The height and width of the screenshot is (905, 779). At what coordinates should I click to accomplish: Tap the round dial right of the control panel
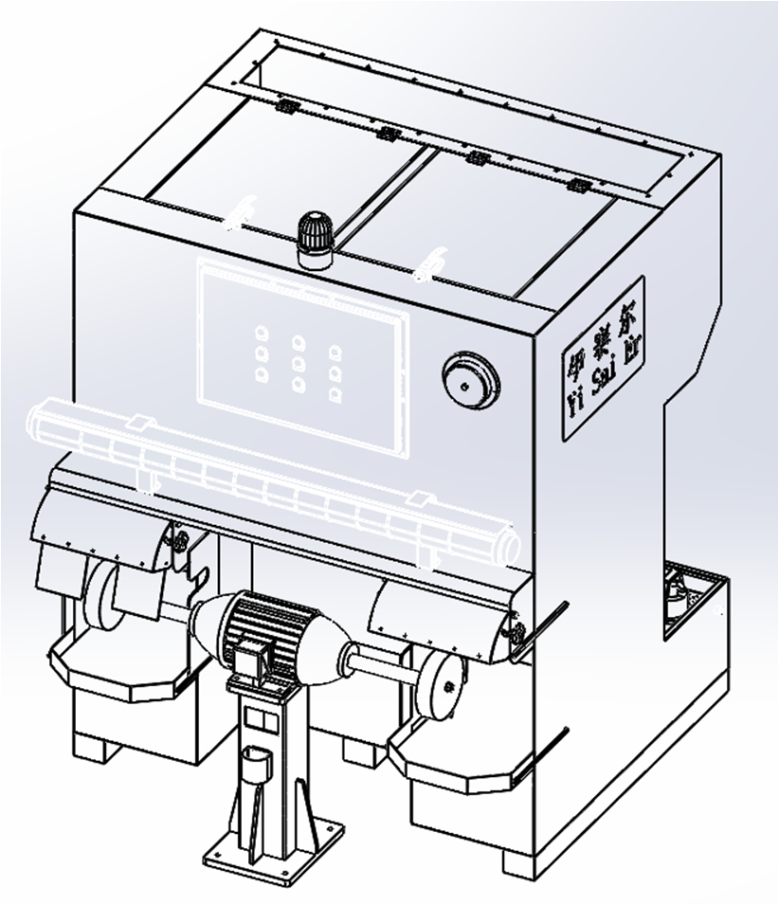[x=471, y=381]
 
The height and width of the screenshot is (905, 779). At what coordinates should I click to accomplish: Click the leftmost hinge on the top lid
[x=284, y=106]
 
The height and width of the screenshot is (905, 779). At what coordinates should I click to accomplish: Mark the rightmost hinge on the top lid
[x=575, y=183]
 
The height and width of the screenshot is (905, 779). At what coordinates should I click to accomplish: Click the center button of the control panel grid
[x=298, y=361]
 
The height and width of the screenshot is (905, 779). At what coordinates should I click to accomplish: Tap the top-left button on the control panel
[x=261, y=333]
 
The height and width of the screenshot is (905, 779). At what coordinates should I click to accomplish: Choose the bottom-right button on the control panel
[x=335, y=396]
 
